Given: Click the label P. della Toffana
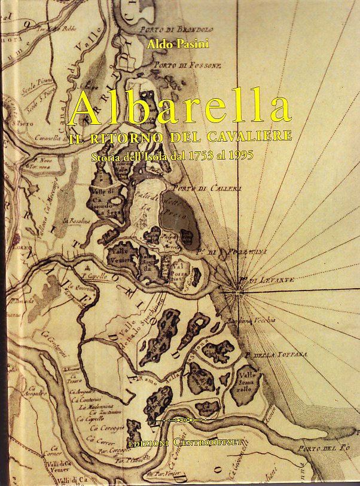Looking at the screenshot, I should coord(280,354).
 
